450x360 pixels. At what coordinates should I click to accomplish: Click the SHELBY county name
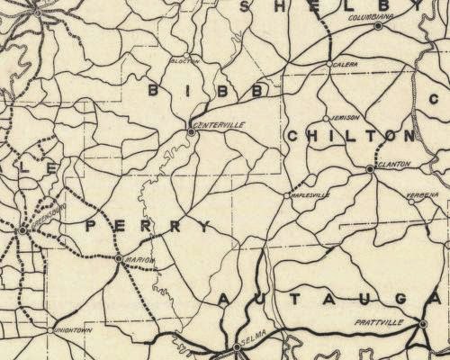coord(342,6)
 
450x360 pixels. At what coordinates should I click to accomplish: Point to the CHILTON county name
coord(350,136)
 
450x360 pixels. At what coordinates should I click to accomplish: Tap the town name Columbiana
coord(354,16)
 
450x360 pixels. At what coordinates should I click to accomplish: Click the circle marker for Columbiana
coord(378,25)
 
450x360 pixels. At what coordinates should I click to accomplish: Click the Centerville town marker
coord(191,132)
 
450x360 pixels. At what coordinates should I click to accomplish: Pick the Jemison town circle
coord(325,118)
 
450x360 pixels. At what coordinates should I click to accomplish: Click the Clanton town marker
coord(370,168)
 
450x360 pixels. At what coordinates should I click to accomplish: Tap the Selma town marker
coord(237,346)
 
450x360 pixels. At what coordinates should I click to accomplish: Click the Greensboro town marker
coord(22,230)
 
